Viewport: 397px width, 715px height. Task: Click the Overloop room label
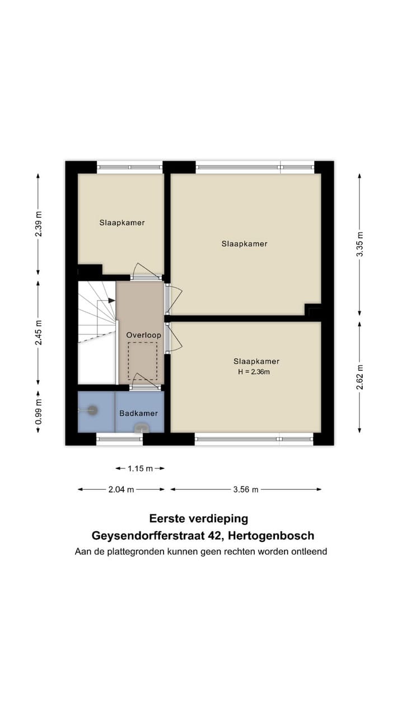143,335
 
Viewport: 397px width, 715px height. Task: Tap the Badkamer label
138,414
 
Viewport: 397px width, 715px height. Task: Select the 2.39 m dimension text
38,224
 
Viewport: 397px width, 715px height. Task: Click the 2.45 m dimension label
38,332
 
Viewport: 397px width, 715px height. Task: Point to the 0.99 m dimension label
38,412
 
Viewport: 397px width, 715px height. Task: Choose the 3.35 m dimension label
359,244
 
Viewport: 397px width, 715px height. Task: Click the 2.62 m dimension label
359,377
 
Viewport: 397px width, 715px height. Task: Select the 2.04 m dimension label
122,489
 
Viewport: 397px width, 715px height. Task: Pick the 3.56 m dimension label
246,489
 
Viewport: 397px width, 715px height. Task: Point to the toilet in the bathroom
141,428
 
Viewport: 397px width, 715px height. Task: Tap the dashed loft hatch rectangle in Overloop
142,361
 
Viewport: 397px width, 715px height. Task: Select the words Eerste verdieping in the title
198,519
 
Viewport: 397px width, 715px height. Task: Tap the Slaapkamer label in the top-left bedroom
122,222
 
